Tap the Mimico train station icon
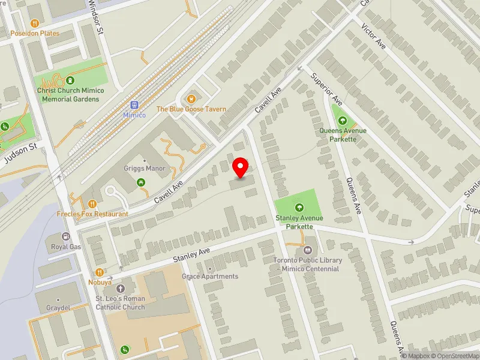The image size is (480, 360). click(134, 104)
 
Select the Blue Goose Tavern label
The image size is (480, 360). click(191, 109)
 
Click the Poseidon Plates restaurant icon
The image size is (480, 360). click(35, 23)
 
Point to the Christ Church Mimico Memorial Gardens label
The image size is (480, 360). click(70, 94)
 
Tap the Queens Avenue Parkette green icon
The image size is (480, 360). click(343, 121)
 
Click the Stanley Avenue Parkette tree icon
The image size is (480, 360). click(299, 208)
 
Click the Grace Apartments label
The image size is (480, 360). click(210, 277)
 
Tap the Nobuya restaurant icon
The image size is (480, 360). click(100, 272)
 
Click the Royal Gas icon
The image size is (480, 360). click(66, 236)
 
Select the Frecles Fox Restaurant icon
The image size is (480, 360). click(92, 204)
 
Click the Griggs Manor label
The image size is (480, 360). click(144, 169)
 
